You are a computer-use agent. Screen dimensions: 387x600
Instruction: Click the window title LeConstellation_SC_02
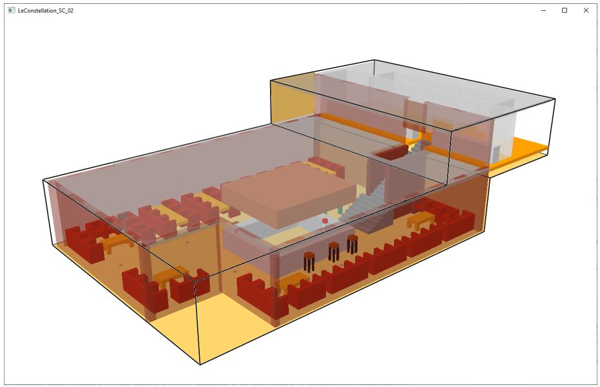coord(45,11)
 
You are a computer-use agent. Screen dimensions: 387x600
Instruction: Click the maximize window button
coord(565,10)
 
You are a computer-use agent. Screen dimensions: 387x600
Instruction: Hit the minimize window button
coord(543,10)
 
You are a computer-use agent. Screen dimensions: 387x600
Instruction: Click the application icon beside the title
coord(11,11)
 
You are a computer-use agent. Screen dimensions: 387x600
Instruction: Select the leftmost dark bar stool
coord(310,261)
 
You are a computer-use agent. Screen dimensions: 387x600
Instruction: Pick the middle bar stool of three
coord(333,250)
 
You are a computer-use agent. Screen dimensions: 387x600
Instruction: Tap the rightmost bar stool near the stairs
coord(352,243)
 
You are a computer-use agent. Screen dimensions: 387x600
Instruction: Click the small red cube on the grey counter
coord(325,221)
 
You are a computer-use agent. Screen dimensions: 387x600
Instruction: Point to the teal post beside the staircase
coord(340,211)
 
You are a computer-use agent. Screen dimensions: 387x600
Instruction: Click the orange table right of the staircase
coord(421,220)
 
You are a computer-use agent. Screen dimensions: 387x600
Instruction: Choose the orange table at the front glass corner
coord(171,276)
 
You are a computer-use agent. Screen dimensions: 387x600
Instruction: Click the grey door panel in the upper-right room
coord(495,153)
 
